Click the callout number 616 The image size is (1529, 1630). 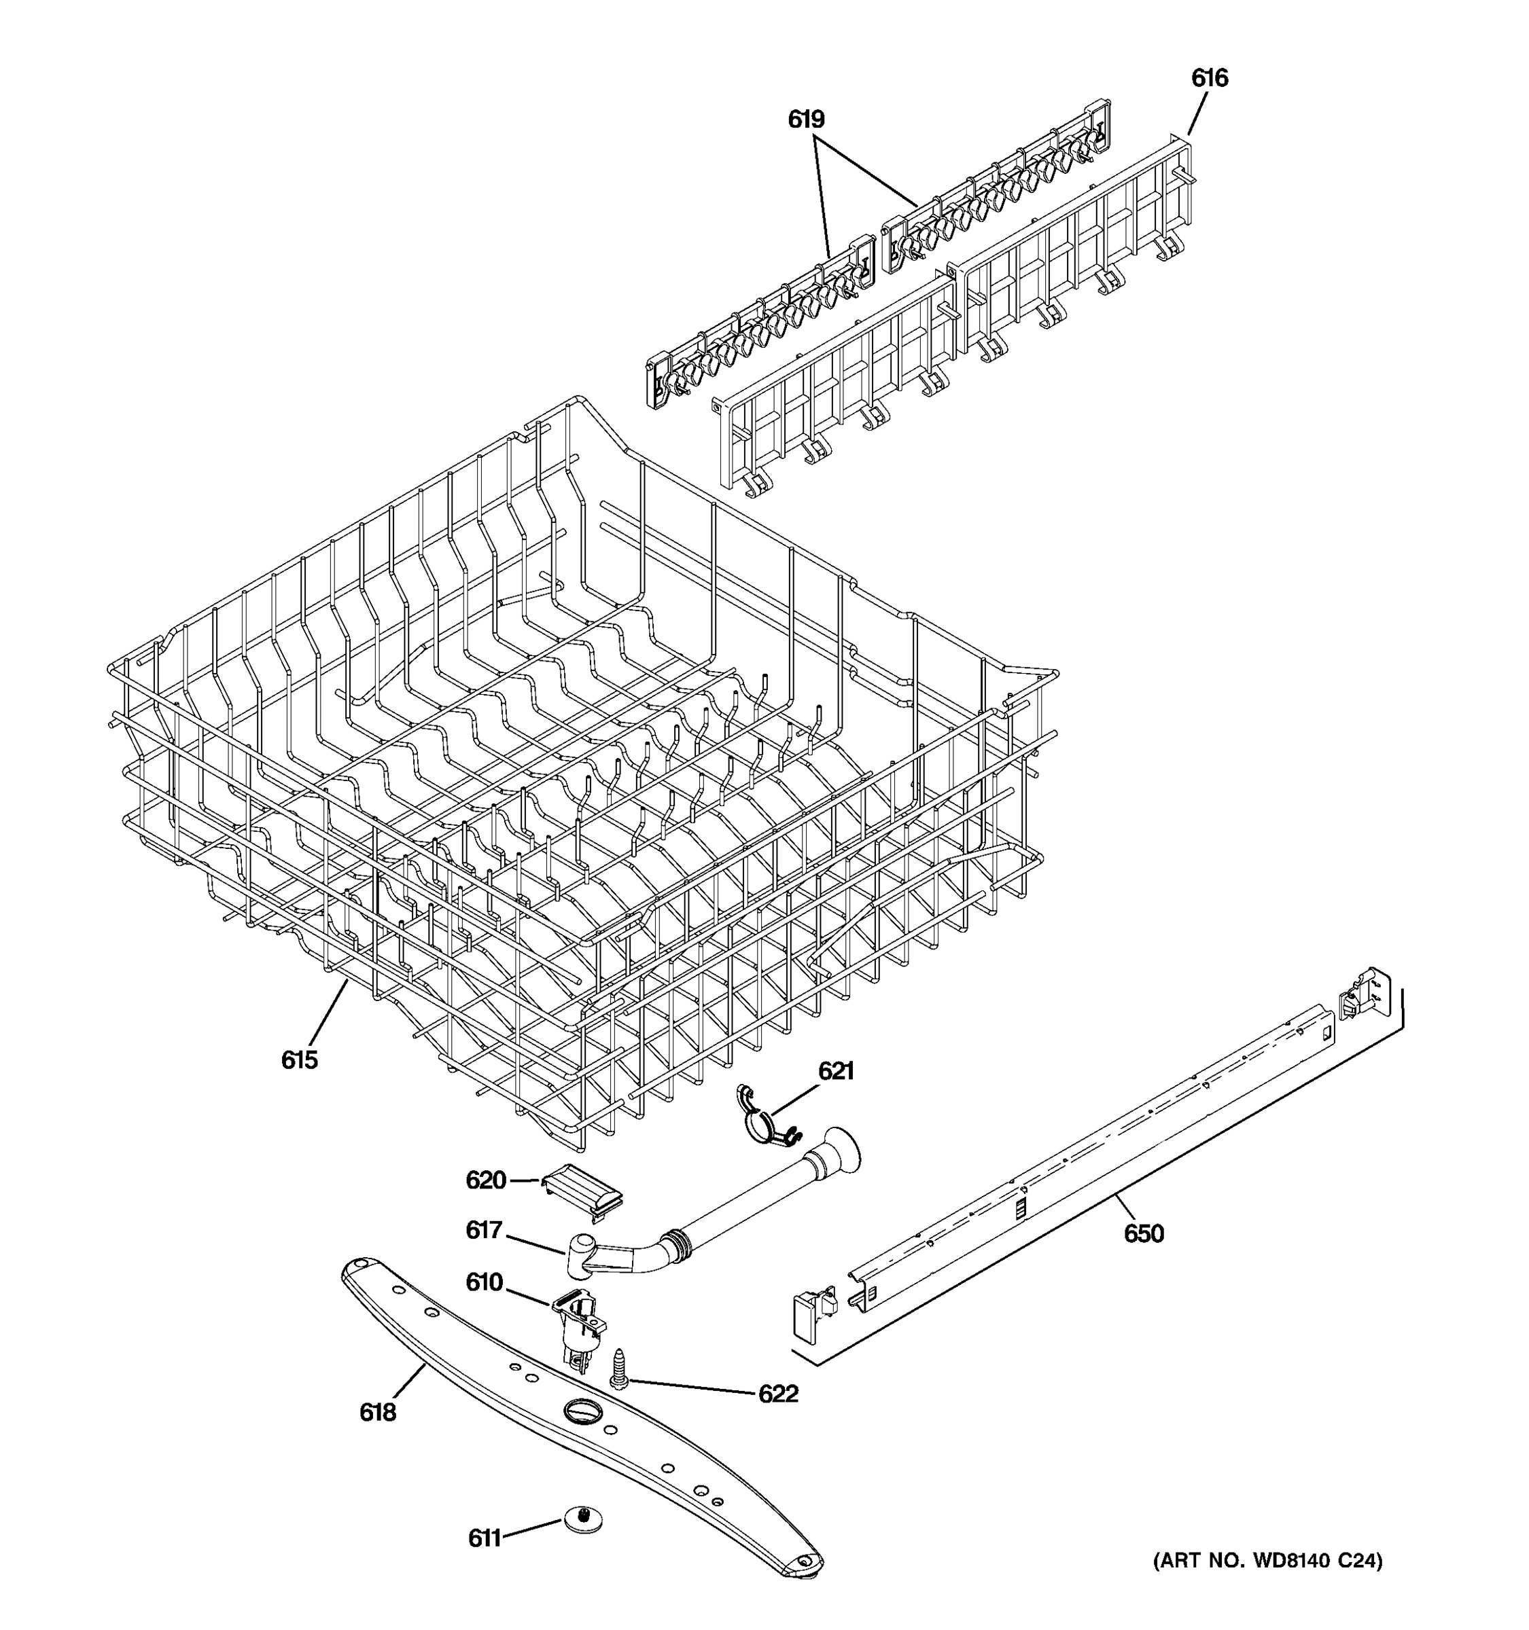point(1209,78)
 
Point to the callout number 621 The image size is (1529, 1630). point(836,1071)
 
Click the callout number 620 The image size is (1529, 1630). point(486,1180)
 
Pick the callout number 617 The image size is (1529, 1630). point(483,1230)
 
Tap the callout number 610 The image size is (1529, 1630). point(484,1282)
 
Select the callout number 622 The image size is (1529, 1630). point(777,1394)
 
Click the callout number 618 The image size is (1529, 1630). point(377,1413)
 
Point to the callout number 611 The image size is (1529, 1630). point(484,1538)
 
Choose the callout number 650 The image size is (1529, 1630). point(1144,1233)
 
